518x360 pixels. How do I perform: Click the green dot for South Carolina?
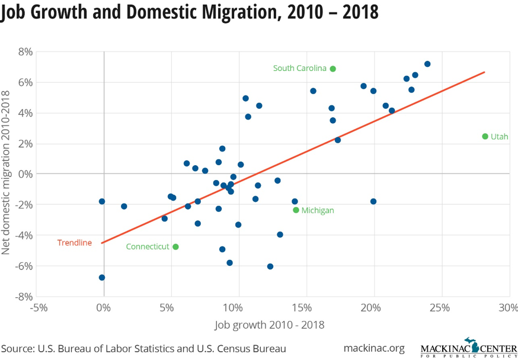pos(333,69)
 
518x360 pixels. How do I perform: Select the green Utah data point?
pos(485,136)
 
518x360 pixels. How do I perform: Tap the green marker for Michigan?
pos(296,210)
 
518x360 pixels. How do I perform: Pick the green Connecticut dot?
pos(175,247)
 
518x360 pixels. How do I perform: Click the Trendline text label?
pos(74,242)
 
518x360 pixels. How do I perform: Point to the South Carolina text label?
pos(299,69)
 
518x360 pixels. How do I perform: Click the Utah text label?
pos(499,137)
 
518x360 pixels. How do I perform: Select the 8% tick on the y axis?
pos(24,52)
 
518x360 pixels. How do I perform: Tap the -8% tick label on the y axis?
pos(23,296)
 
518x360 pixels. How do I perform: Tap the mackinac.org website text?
pos(373,348)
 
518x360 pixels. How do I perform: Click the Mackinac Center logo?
pos(468,348)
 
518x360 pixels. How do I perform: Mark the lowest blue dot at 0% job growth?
pos(102,277)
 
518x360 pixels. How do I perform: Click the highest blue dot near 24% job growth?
pos(427,64)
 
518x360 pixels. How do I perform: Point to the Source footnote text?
pos(143,348)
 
